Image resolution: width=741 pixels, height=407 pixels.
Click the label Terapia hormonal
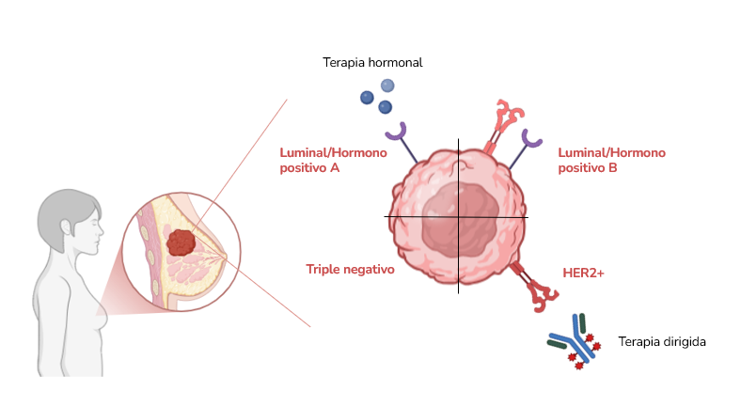[x=372, y=63]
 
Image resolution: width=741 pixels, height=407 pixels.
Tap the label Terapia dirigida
[x=662, y=342]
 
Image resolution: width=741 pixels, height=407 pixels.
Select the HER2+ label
[x=583, y=272]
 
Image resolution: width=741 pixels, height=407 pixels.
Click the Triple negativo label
[x=350, y=269]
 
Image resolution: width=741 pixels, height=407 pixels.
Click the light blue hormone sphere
[x=386, y=86]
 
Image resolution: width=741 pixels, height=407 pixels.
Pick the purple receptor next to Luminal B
[x=532, y=139]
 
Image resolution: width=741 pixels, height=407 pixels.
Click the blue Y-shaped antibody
[x=575, y=341]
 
